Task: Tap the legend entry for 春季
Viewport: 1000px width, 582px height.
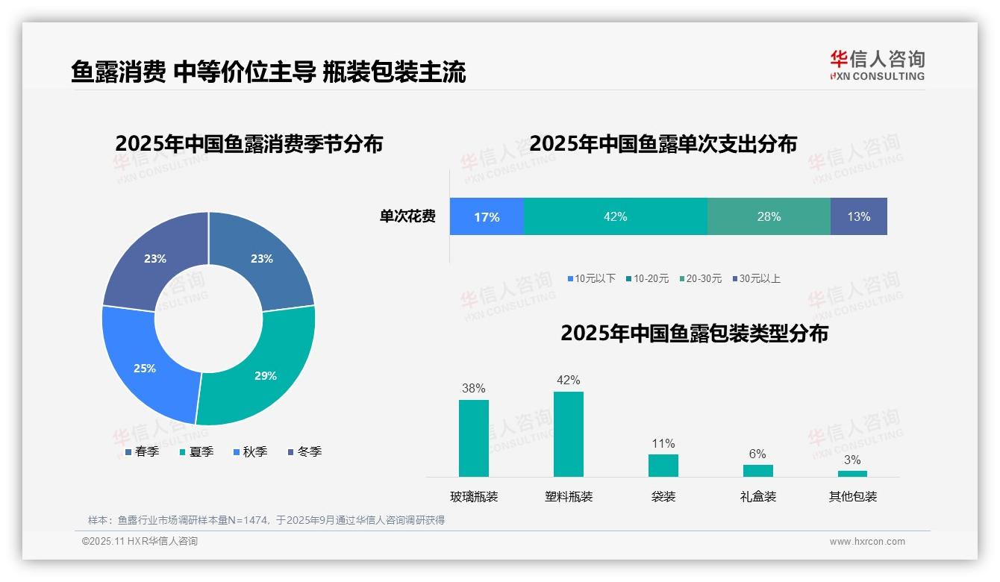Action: click(142, 451)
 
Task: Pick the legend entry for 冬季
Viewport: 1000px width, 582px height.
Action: click(304, 451)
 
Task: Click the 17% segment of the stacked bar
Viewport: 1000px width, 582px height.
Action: click(487, 217)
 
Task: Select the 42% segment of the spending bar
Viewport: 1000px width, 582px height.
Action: click(615, 217)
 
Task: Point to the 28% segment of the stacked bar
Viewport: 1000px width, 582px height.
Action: click(769, 217)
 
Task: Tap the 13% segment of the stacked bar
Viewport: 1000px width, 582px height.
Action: click(858, 217)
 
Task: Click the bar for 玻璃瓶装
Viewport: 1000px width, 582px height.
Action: click(474, 439)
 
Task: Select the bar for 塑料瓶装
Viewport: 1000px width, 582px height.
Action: click(569, 434)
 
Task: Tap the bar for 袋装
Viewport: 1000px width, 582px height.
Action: click(663, 466)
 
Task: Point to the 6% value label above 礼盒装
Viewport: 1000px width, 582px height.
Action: click(757, 454)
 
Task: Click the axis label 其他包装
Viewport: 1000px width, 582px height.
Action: click(852, 496)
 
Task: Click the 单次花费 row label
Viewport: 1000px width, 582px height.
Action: click(407, 217)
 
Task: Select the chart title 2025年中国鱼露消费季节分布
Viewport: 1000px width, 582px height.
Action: click(249, 143)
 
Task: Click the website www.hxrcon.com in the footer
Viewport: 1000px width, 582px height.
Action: click(867, 542)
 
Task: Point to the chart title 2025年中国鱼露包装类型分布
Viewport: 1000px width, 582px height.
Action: click(694, 334)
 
